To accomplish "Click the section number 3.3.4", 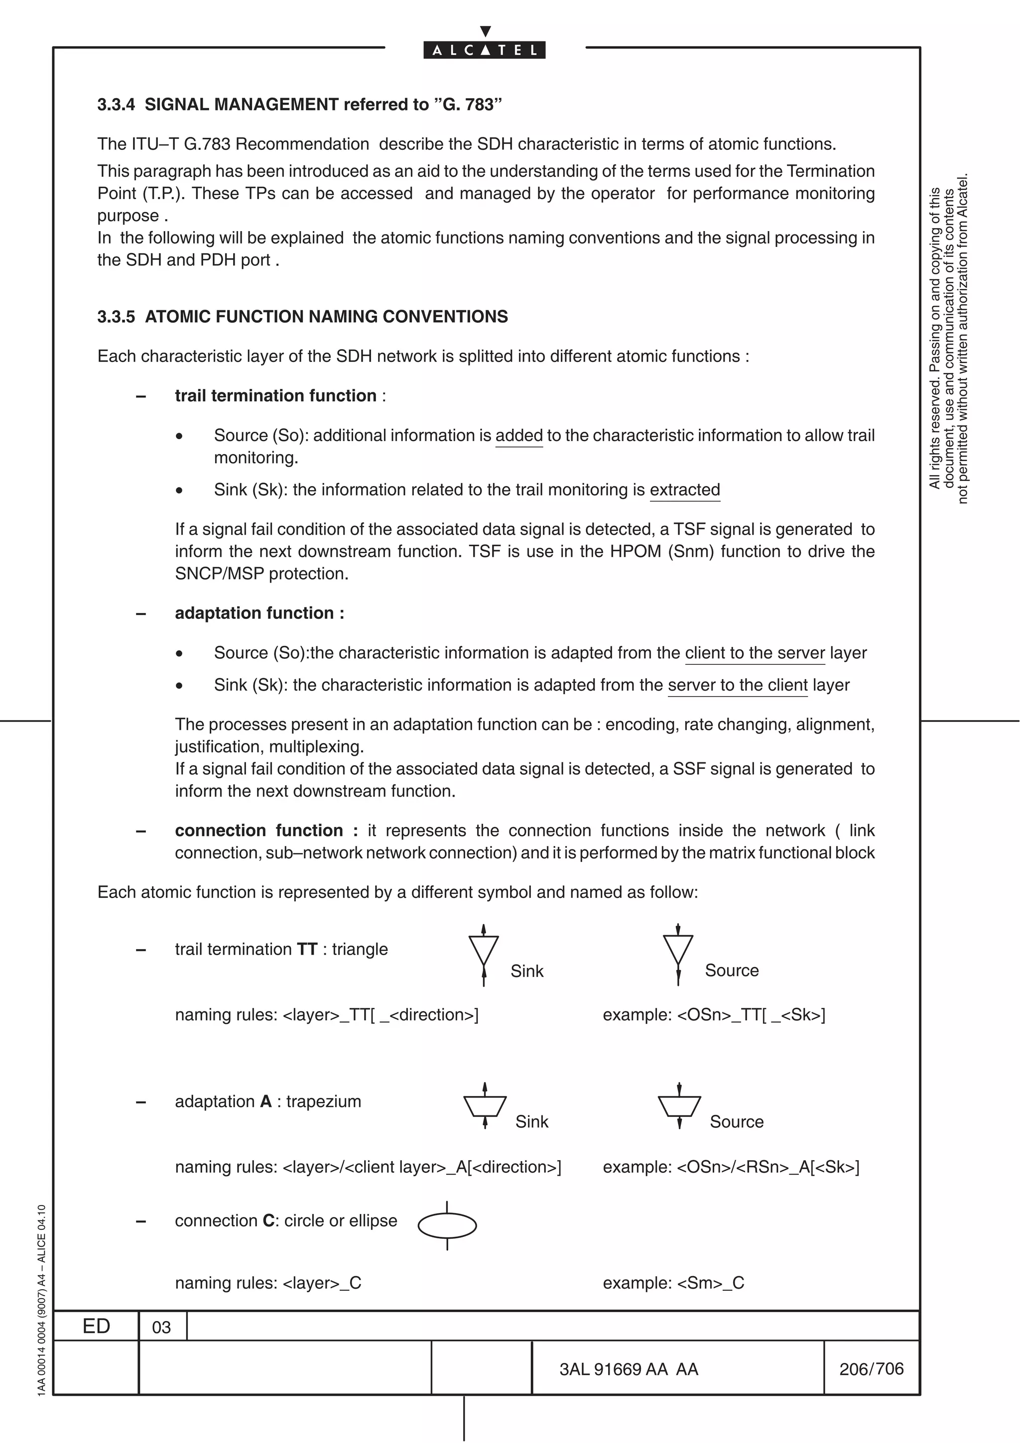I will [116, 105].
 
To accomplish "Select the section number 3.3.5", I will [116, 316].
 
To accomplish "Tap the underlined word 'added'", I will [518, 436].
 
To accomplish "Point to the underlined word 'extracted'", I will [684, 489].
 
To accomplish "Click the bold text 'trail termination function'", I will [275, 396].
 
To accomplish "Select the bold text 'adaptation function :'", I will [259, 613].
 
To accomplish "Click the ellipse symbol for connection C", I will [447, 1225].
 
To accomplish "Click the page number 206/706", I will [871, 1368].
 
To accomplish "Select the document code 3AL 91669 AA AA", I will [629, 1369].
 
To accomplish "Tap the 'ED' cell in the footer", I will [96, 1326].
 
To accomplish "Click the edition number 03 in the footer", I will [161, 1327].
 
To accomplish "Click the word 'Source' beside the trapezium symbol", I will [736, 1122].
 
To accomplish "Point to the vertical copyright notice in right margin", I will [948, 340].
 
